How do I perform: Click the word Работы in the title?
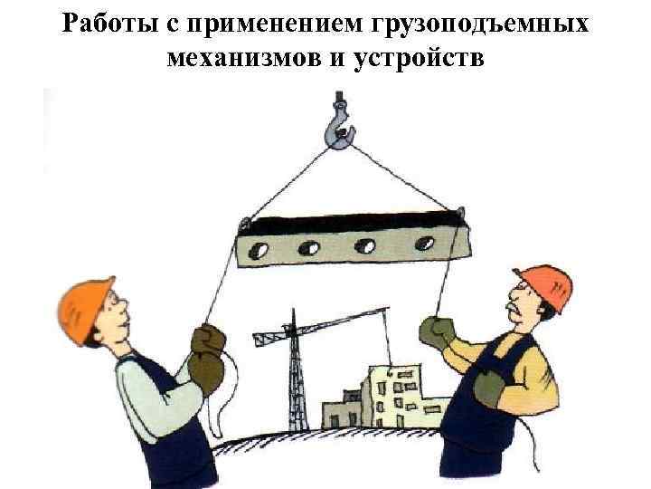click(x=110, y=23)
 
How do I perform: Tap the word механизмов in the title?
click(x=244, y=57)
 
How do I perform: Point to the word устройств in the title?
click(x=419, y=59)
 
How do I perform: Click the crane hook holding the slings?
click(x=340, y=122)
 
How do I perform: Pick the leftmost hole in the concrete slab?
click(x=258, y=250)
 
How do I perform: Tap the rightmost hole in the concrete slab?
click(x=425, y=244)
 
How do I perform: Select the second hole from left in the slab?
click(x=309, y=248)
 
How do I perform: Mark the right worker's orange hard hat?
click(x=546, y=287)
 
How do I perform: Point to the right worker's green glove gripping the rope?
click(x=436, y=332)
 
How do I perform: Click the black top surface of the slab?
click(x=353, y=224)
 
